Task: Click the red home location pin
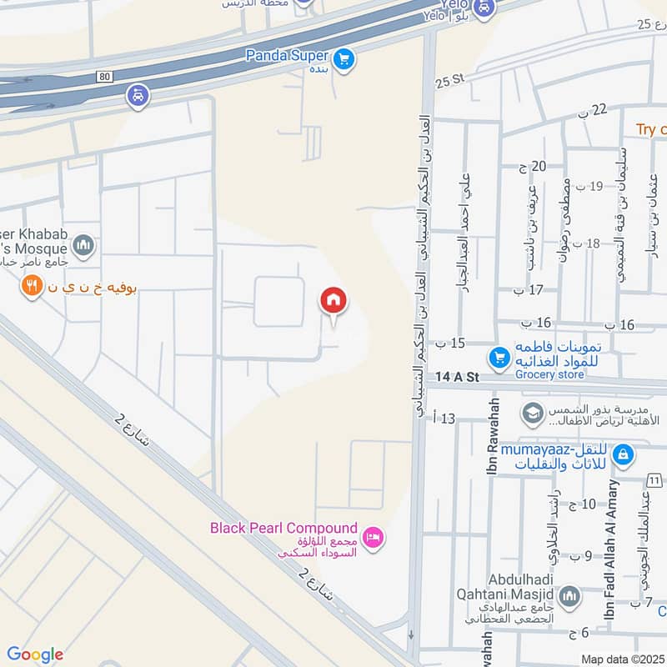(x=333, y=301)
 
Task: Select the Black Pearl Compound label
(x=283, y=529)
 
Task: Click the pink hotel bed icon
(x=374, y=537)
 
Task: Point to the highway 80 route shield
(x=103, y=76)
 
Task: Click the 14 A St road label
(x=458, y=378)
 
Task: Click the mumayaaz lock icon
(x=622, y=455)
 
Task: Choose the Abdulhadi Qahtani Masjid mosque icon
(x=569, y=596)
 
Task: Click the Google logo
(x=35, y=654)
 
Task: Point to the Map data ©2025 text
(x=622, y=659)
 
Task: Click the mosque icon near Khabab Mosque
(x=82, y=245)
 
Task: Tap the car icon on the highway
(x=138, y=96)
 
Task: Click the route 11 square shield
(x=654, y=480)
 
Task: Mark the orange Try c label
(x=651, y=129)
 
